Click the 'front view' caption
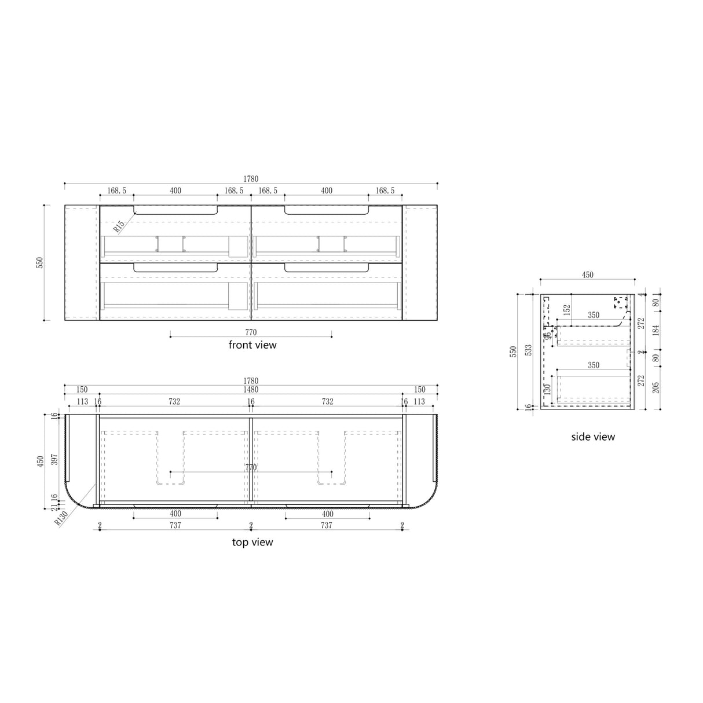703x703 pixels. tap(252, 345)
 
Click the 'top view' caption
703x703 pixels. tap(252, 543)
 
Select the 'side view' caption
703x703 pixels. tap(593, 437)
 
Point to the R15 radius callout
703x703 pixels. tap(119, 225)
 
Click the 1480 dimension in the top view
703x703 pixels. tap(251, 390)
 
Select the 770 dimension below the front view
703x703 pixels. tap(251, 332)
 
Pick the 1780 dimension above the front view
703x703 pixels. tap(251, 179)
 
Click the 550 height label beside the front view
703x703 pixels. tap(39, 262)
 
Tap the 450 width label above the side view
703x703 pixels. tap(588, 276)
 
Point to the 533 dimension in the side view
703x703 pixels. tap(528, 351)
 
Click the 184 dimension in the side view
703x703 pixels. tap(656, 330)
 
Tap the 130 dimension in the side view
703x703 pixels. tap(547, 390)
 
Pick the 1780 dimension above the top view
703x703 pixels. tap(251, 381)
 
